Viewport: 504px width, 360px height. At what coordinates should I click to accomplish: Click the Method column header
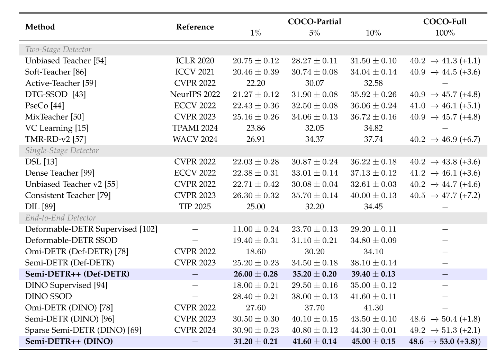(x=40, y=27)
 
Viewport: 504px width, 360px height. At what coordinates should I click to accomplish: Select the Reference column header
(x=195, y=27)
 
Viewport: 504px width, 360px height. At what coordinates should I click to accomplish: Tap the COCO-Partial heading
(x=314, y=21)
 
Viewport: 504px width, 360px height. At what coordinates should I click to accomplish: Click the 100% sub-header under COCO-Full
(x=445, y=33)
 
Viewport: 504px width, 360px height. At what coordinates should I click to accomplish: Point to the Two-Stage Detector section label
(x=58, y=50)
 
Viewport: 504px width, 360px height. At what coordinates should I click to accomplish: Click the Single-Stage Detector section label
(x=62, y=150)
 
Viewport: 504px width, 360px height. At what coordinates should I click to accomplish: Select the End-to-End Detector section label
(x=61, y=218)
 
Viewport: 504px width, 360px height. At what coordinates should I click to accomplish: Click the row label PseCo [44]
(x=45, y=106)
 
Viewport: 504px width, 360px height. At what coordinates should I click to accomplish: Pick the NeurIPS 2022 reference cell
(x=195, y=94)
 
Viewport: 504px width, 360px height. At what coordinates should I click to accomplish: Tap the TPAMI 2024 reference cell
(x=195, y=128)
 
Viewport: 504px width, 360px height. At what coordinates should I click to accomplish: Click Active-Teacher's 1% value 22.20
(x=255, y=83)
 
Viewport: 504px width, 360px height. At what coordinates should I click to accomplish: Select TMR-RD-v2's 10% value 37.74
(x=373, y=139)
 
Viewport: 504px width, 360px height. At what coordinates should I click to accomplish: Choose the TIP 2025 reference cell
(x=195, y=207)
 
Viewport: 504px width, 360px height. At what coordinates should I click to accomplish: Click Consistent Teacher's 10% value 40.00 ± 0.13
(x=373, y=195)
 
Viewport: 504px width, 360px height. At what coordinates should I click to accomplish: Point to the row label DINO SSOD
(x=48, y=297)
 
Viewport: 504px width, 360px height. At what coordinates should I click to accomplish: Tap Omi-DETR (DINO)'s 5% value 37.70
(x=314, y=308)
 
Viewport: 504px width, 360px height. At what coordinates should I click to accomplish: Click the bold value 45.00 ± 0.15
(x=373, y=342)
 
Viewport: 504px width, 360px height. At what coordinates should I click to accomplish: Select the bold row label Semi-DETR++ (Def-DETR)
(x=77, y=274)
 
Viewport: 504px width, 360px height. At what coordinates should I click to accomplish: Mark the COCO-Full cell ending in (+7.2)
(x=445, y=195)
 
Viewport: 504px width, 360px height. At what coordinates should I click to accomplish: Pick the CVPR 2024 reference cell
(x=195, y=330)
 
